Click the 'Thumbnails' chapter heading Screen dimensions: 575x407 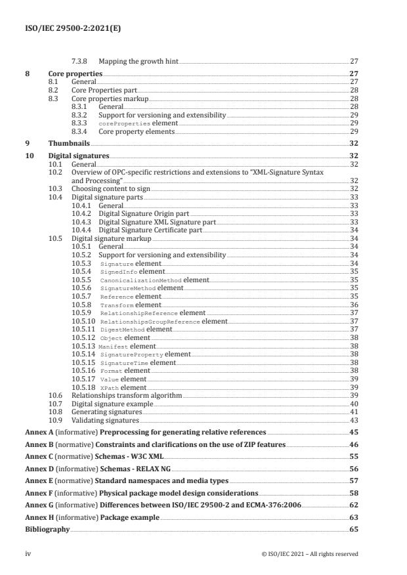pyautogui.click(x=69, y=142)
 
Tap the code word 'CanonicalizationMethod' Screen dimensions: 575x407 pyautogui.click(x=140, y=279)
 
